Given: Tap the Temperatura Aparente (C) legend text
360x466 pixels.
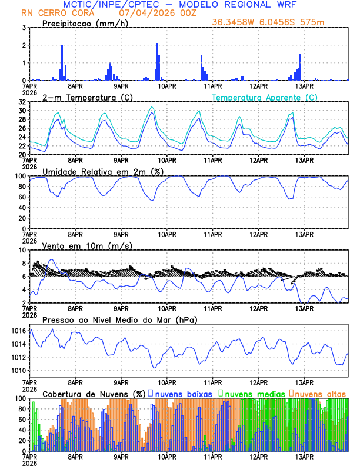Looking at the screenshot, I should tap(265, 97).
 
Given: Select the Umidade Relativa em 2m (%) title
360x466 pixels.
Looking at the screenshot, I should tap(103, 171).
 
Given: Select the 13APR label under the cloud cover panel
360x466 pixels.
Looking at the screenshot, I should tap(304, 456).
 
